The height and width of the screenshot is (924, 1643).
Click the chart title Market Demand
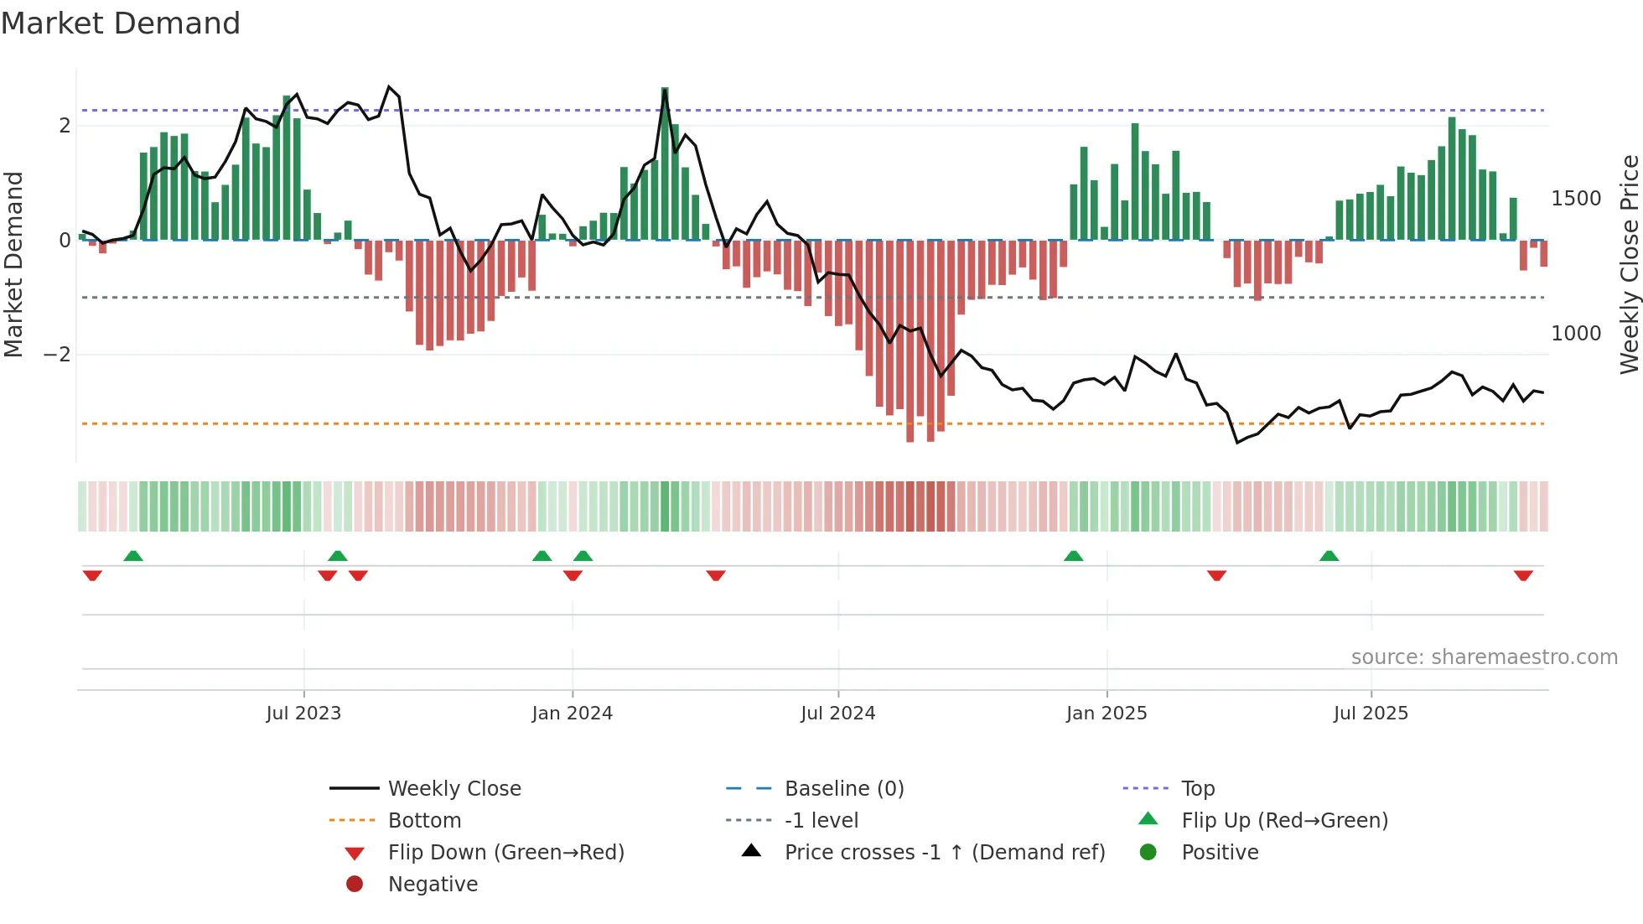click(121, 23)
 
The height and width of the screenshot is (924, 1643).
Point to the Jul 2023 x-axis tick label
click(303, 714)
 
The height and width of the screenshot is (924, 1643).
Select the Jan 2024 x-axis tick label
click(572, 714)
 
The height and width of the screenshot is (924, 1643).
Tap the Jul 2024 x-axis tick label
click(837, 714)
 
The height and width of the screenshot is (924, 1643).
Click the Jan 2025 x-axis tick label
click(1107, 714)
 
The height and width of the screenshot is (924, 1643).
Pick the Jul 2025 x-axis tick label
click(1371, 714)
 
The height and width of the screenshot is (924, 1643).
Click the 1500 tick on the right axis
click(1576, 199)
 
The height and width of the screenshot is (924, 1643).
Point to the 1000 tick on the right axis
click(1576, 334)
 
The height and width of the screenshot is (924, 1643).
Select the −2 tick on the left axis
click(57, 355)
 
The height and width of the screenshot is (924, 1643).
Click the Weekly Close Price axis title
click(1629, 264)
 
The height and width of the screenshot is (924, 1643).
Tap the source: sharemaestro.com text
click(1484, 657)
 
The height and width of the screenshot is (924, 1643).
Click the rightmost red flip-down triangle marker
click(1523, 575)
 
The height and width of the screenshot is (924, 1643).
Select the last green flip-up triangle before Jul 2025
click(1329, 556)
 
